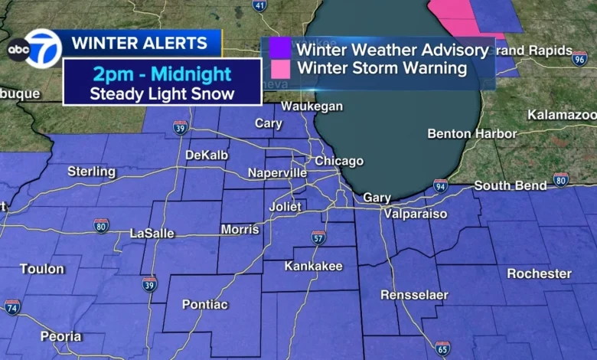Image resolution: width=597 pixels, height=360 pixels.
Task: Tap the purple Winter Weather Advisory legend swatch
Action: (279, 49)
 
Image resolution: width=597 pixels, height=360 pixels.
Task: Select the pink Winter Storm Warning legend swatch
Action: (279, 68)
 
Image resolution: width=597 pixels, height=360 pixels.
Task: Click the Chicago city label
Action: (339, 161)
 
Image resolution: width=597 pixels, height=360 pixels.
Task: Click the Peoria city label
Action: (61, 335)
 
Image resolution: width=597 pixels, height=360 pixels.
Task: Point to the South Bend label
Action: (511, 185)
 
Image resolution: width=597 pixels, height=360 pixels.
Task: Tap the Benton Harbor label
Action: (471, 133)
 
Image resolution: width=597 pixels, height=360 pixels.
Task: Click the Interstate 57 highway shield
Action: (318, 237)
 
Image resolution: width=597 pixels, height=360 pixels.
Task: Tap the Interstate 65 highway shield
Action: (442, 349)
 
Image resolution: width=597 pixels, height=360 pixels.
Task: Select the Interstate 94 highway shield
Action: (440, 185)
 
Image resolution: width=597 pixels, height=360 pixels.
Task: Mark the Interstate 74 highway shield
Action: (12, 307)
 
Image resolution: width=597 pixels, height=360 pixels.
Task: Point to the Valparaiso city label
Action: (416, 214)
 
